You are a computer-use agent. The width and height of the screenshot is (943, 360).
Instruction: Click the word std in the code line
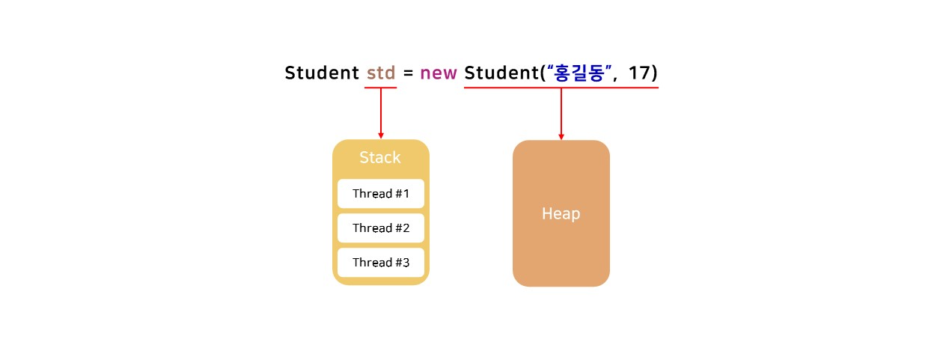380,73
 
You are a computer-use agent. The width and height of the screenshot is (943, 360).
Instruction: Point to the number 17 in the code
639,73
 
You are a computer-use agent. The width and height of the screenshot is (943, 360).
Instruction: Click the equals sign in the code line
408,74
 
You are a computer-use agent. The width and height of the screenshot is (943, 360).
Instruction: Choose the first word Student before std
322,73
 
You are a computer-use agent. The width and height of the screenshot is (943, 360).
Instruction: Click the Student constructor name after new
499,73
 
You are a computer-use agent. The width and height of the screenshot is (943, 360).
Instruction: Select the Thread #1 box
381,194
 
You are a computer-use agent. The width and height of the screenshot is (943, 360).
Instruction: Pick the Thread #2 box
381,228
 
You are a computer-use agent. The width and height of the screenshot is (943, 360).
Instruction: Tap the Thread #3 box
381,263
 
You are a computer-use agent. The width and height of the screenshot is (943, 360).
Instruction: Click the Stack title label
380,158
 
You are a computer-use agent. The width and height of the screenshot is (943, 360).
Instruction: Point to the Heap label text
561,214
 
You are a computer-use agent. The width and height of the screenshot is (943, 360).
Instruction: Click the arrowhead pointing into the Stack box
381,135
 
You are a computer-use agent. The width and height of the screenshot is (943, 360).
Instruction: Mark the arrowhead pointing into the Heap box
561,136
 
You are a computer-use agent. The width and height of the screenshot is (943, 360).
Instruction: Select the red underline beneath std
380,88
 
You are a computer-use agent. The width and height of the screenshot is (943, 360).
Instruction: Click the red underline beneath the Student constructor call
561,88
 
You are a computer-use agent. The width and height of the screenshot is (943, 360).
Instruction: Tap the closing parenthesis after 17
654,73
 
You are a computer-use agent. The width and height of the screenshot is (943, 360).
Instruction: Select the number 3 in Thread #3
406,263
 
